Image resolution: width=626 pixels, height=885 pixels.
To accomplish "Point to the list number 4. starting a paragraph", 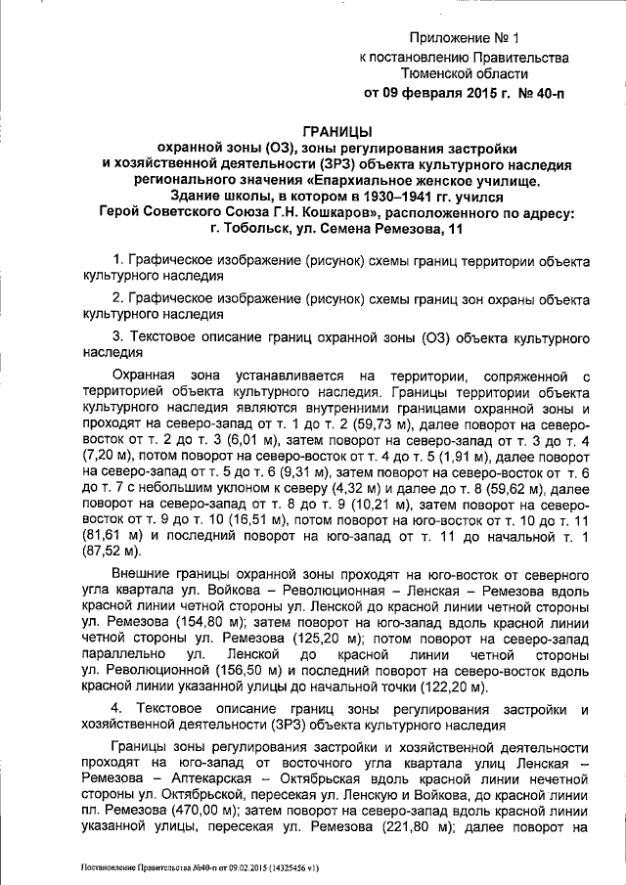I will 117,707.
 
